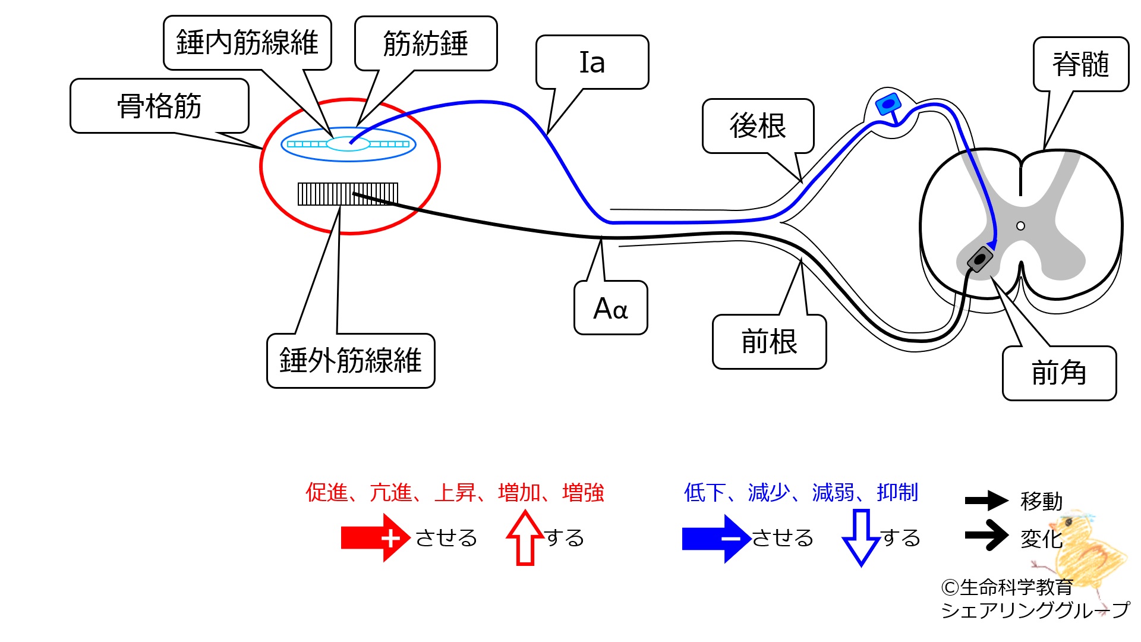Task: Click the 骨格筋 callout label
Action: (x=159, y=106)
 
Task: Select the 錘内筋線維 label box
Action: (x=247, y=43)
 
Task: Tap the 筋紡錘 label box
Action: (x=425, y=43)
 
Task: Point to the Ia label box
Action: (x=592, y=62)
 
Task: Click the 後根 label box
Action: (x=758, y=126)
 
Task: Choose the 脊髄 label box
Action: (x=1080, y=64)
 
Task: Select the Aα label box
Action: (x=610, y=308)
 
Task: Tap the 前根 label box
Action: (x=769, y=342)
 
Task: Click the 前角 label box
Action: (x=1059, y=373)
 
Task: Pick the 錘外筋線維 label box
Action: (x=351, y=361)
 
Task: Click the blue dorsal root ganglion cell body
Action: (x=888, y=105)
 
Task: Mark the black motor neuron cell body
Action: (x=980, y=260)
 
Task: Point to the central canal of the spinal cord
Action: (x=1021, y=226)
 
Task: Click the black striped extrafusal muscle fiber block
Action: (x=348, y=194)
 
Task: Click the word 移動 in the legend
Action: (x=1041, y=501)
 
